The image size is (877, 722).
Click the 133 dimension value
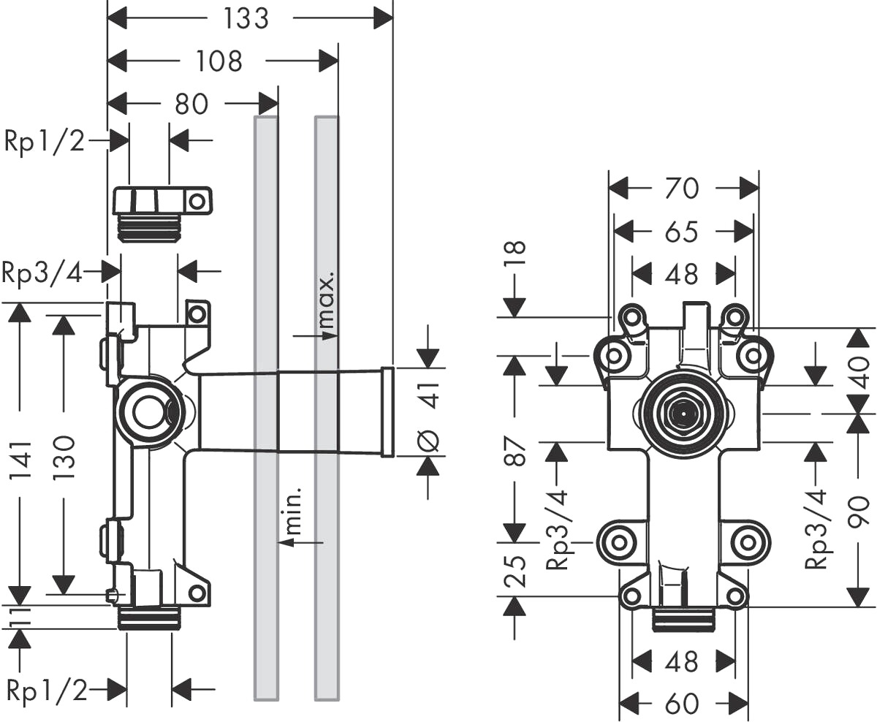coord(246,19)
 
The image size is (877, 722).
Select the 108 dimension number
coord(219,61)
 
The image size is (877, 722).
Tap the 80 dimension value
coord(191,104)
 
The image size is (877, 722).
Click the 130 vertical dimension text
coord(64,457)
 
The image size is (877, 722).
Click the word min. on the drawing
coord(293,511)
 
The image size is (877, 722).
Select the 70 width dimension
coord(683,189)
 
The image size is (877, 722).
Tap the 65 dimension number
coord(682,232)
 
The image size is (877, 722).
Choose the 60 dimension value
coord(682,704)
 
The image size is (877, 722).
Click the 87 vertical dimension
coord(515,451)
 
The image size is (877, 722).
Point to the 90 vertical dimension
coord(858,512)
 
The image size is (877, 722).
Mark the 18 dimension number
coord(515,254)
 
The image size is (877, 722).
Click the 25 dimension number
coord(515,572)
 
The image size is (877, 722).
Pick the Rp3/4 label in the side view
coord(42,273)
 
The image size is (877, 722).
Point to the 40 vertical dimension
coord(858,372)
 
